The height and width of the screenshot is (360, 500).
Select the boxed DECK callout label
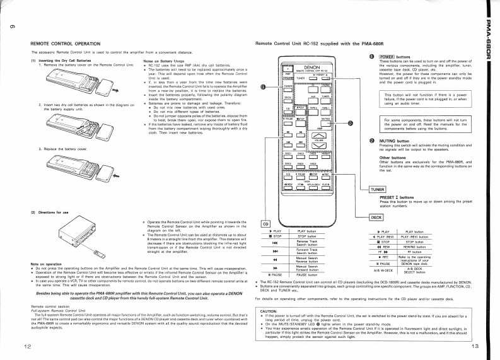[377, 218]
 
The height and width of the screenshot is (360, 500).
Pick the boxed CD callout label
[266, 223]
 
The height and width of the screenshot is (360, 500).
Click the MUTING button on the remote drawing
[326, 122]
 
